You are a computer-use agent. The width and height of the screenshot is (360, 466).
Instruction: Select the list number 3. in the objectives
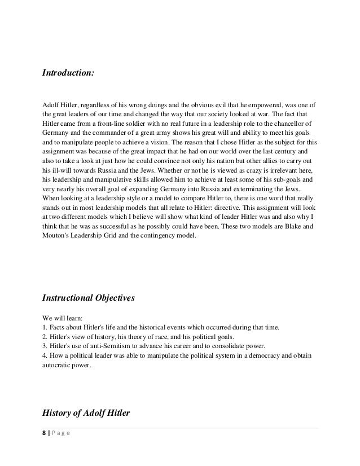45,346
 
